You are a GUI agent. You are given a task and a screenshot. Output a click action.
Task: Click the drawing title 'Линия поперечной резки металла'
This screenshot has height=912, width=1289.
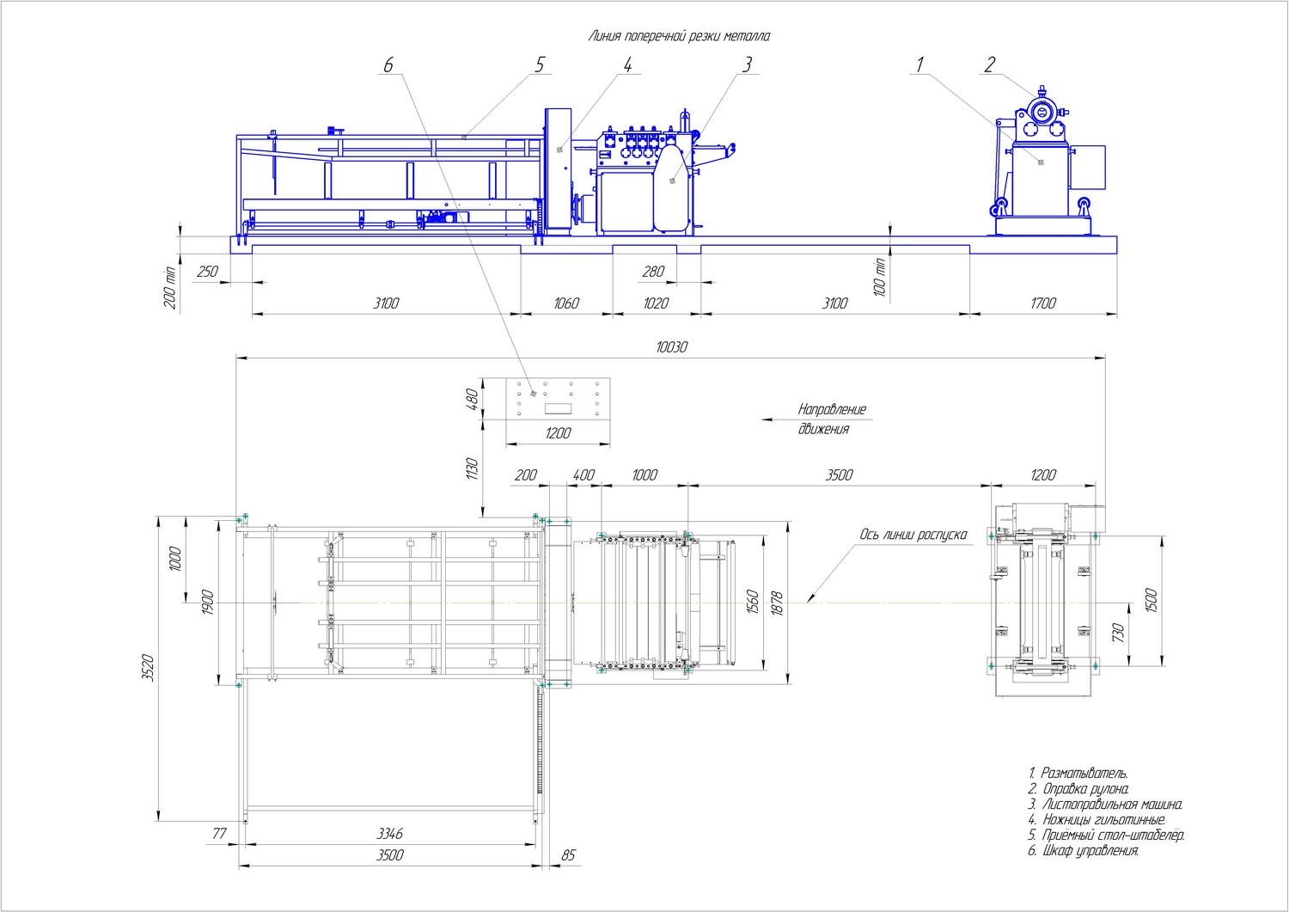pyautogui.click(x=679, y=36)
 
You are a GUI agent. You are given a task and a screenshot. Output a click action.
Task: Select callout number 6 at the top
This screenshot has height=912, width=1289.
pyautogui.click(x=388, y=65)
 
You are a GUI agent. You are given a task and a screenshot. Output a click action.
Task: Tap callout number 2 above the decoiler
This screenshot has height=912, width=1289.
pyautogui.click(x=990, y=65)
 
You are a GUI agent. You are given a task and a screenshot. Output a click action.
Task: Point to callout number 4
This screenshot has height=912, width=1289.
pyautogui.click(x=627, y=65)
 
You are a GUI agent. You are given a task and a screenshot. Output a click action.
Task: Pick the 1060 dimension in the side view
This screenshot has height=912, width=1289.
pyautogui.click(x=566, y=303)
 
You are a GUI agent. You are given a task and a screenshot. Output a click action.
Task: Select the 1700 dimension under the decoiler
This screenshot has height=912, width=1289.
pyautogui.click(x=1043, y=303)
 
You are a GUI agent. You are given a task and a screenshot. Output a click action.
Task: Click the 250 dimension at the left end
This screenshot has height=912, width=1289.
pyautogui.click(x=207, y=272)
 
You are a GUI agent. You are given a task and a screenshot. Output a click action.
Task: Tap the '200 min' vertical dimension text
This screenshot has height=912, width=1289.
pyautogui.click(x=169, y=288)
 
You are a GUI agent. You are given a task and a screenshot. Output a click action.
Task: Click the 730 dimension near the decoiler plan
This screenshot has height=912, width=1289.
pyautogui.click(x=1118, y=633)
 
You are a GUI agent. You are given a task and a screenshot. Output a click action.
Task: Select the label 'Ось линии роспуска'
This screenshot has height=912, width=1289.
pyautogui.click(x=913, y=535)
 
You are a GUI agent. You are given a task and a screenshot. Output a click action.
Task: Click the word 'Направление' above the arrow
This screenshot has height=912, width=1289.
pyautogui.click(x=832, y=410)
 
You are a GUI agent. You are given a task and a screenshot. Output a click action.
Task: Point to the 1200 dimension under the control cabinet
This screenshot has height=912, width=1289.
pyautogui.click(x=558, y=433)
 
